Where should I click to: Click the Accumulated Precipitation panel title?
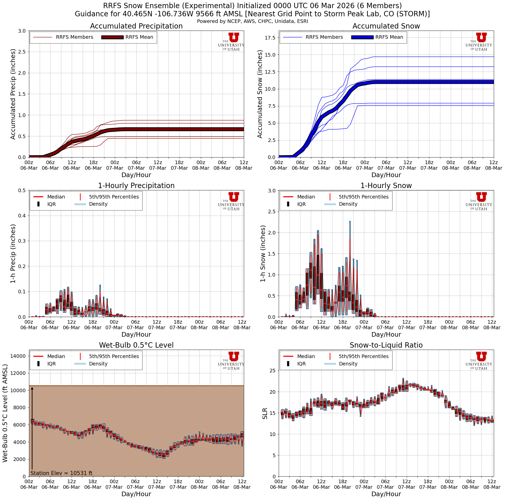136,26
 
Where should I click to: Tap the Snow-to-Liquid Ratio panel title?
386,345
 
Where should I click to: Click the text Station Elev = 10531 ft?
61,473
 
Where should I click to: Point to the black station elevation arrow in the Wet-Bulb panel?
32,429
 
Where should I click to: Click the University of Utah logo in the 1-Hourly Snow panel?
479,201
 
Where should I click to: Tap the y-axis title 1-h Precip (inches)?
13,254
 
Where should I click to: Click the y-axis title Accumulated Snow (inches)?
260,94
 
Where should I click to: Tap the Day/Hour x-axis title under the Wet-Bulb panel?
136,494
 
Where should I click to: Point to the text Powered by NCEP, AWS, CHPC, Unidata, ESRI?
252,21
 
